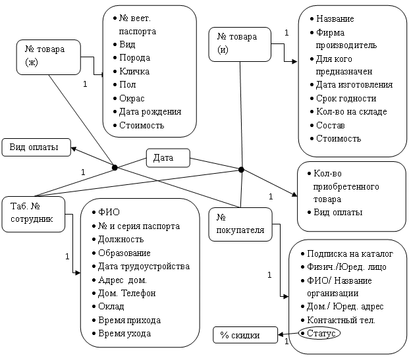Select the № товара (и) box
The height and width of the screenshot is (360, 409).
[241, 43]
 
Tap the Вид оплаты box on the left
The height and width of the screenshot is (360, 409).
[36, 147]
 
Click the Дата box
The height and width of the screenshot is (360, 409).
[167, 158]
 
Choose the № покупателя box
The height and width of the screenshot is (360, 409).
[240, 224]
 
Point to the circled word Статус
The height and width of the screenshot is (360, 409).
[319, 334]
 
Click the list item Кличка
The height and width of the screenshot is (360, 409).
[134, 71]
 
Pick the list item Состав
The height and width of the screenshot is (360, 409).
[331, 125]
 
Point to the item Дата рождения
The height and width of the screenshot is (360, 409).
[149, 111]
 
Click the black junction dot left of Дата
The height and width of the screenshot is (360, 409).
[114, 168]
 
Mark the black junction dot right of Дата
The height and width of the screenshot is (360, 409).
[241, 170]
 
